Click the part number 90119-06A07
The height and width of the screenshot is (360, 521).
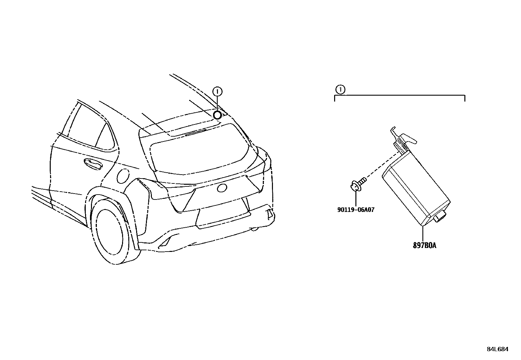coord(355,210)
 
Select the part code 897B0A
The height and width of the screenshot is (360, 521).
coord(424,245)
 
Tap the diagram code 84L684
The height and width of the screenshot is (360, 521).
coord(497,349)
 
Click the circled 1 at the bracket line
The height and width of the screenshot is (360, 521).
coord(340,89)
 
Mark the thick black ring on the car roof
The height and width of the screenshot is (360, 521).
coord(217,115)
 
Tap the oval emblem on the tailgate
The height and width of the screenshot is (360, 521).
coord(222,188)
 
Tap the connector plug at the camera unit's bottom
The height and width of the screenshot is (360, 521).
coord(440,216)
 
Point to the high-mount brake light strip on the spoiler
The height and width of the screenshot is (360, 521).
coord(196,131)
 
